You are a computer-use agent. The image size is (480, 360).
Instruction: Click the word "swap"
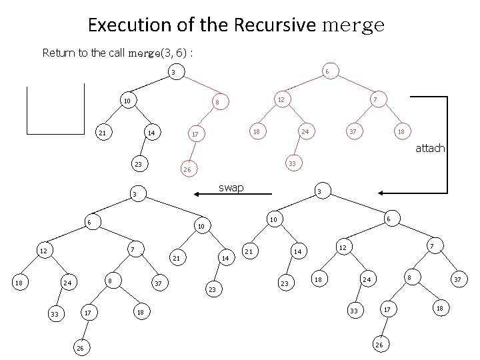pyautogui.click(x=232, y=188)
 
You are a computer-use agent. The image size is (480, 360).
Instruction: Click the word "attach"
pyautogui.click(x=430, y=148)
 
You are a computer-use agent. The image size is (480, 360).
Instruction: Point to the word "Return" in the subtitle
pyautogui.click(x=59, y=52)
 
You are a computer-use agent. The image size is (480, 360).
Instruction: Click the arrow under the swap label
pyautogui.click(x=233, y=194)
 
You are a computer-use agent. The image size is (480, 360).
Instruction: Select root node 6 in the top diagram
pyautogui.click(x=326, y=72)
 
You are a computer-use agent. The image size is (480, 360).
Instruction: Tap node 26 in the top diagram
pyautogui.click(x=187, y=170)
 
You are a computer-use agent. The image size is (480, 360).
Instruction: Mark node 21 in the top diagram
pyautogui.click(x=102, y=133)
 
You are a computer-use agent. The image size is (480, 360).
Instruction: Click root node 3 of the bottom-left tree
pyautogui.click(x=135, y=195)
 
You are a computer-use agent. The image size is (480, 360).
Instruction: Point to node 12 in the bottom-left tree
pyautogui.click(x=43, y=251)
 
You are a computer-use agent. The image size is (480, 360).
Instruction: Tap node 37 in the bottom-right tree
pyautogui.click(x=457, y=281)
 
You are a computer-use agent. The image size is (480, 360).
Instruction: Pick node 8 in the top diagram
pyautogui.click(x=216, y=102)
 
